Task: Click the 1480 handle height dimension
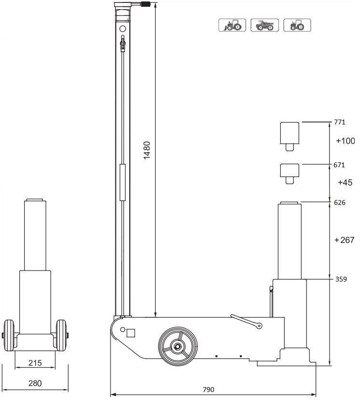pos(148,150)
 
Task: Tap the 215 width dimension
pos(35,363)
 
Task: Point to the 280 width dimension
pos(35,383)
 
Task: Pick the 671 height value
pos(339,165)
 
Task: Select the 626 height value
pos(339,202)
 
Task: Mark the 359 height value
pos(340,279)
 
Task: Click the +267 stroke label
pos(344,240)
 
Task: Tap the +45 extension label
pos(345,183)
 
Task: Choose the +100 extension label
pos(345,141)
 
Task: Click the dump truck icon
pos(265,25)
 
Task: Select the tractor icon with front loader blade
pos(233,25)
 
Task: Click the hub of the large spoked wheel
pos(177,346)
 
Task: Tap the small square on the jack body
pos(130,332)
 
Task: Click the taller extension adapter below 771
pos(290,135)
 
